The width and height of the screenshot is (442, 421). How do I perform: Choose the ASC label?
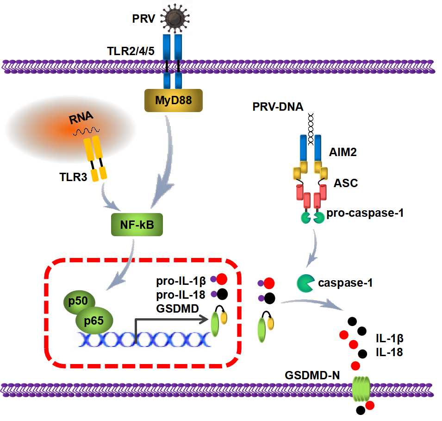[346, 183]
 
